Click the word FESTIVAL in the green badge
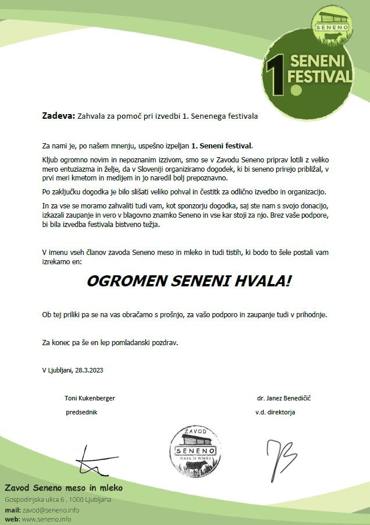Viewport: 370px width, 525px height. (321, 76)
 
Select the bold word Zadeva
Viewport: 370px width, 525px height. (58, 116)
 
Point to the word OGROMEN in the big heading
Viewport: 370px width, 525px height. (120, 281)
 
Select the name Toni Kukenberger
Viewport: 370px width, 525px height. (90, 398)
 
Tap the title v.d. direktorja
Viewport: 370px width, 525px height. (275, 412)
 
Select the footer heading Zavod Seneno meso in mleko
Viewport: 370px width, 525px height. (64, 487)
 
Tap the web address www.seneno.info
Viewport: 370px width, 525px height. (47, 519)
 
